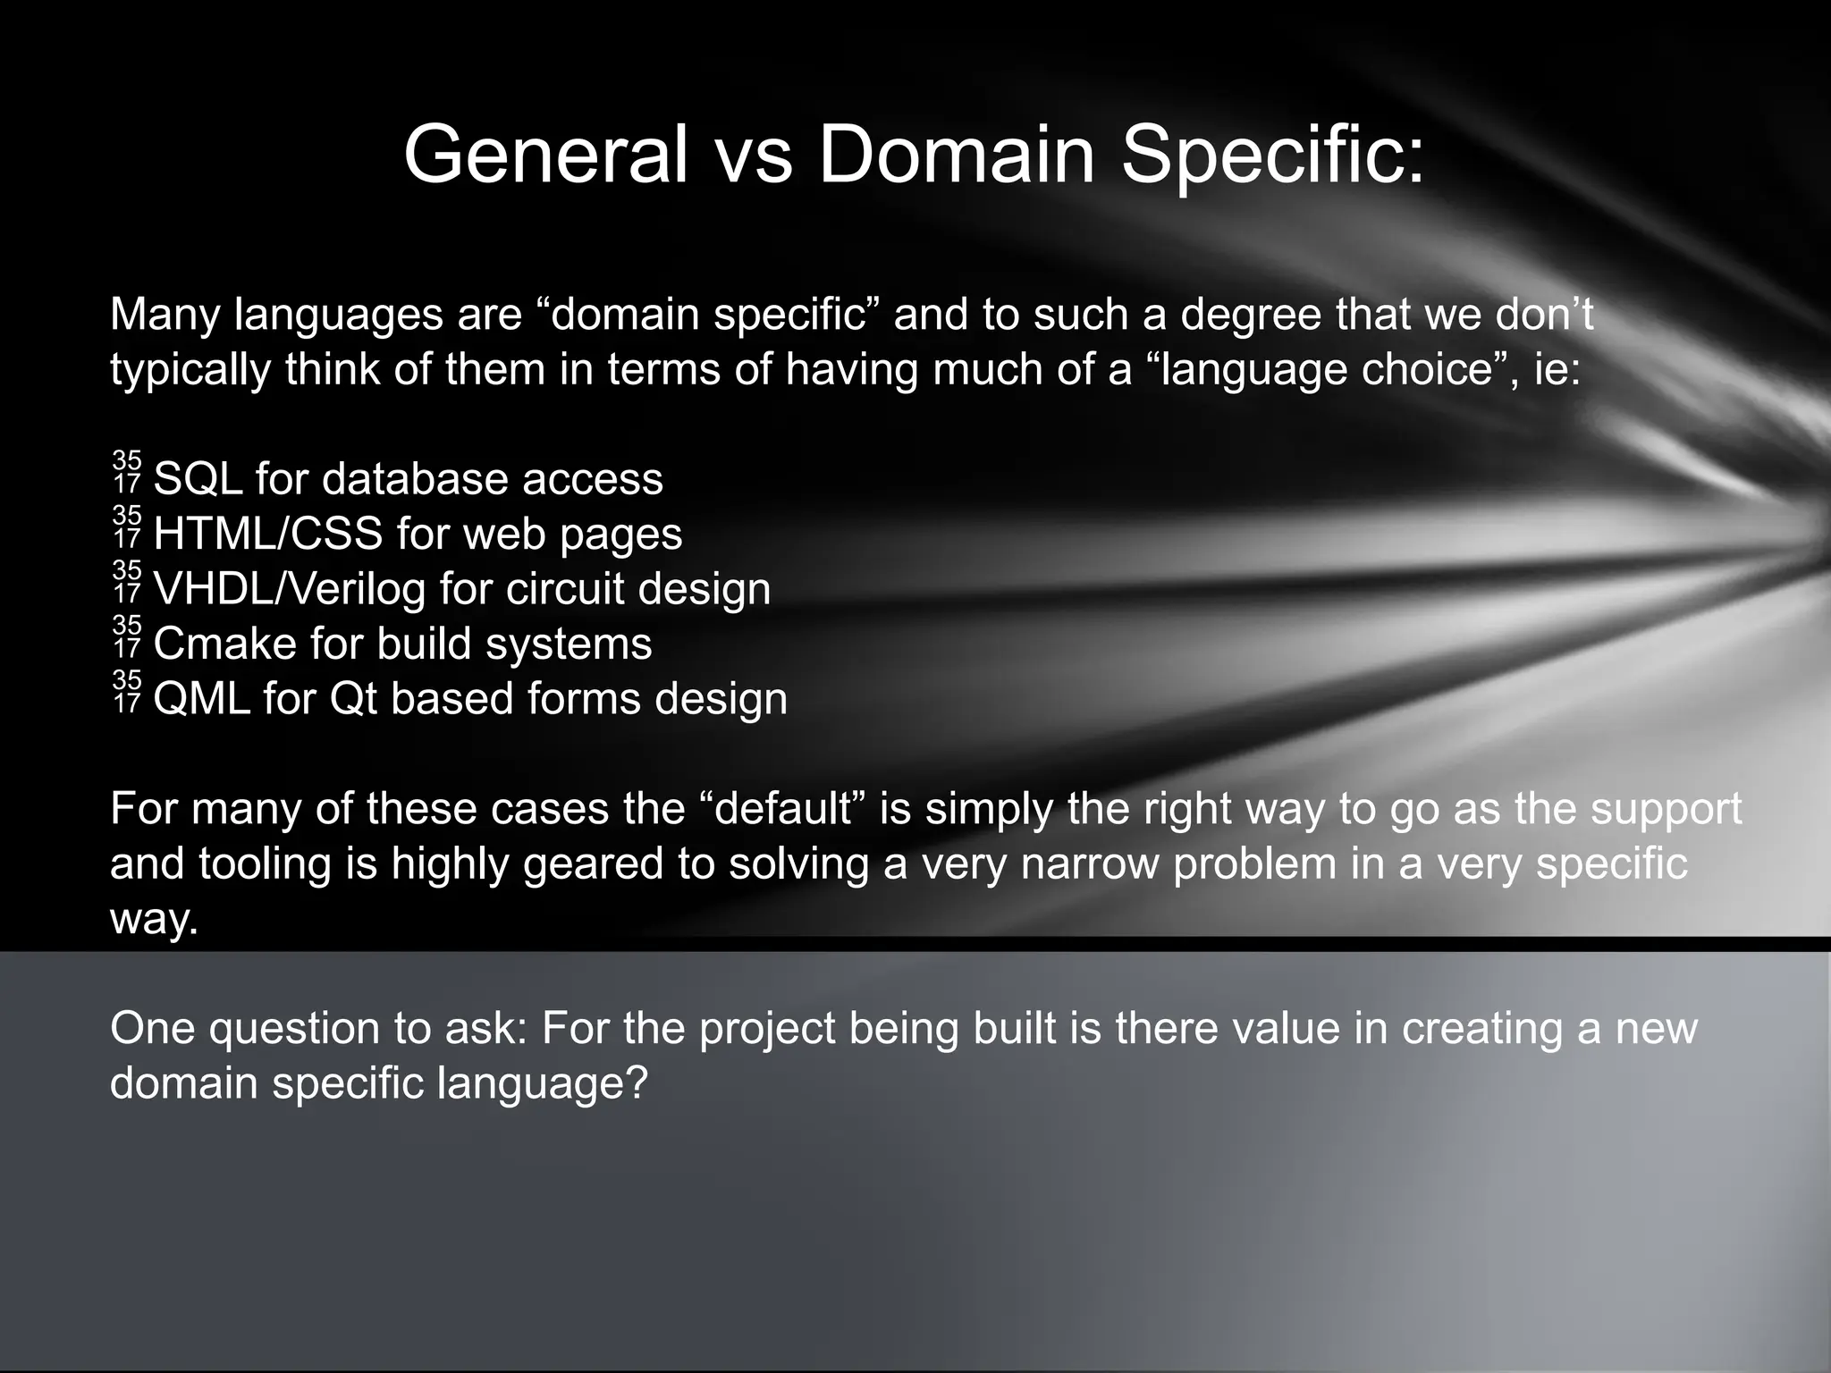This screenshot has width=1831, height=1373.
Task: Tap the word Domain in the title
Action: [956, 154]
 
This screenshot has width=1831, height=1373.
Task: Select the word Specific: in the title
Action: [1272, 156]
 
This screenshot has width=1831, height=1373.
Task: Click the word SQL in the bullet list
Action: [198, 479]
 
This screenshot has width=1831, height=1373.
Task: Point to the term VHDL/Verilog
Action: [289, 589]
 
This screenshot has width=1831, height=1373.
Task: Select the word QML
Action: [201, 699]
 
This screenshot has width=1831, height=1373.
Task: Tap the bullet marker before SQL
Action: [127, 472]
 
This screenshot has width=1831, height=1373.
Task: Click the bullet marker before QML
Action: [127, 692]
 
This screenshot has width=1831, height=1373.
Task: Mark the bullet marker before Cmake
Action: [127, 636]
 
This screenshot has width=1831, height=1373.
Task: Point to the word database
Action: [415, 479]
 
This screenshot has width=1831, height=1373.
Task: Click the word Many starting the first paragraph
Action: [165, 315]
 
